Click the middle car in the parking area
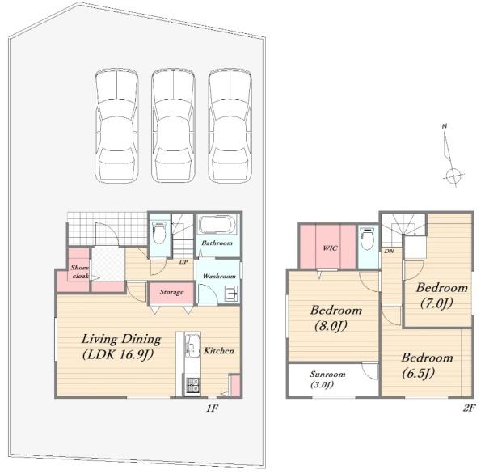[173, 125]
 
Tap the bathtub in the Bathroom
[217, 224]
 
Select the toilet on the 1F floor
[159, 232]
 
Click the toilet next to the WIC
[368, 239]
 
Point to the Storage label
[171, 292]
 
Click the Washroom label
[219, 276]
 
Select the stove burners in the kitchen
[192, 385]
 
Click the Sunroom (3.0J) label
[327, 379]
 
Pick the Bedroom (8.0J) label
[336, 318]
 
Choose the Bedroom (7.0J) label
[441, 295]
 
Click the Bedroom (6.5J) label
[427, 366]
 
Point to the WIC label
[331, 248]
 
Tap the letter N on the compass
[445, 126]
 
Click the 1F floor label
[212, 408]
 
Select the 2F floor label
[469, 408]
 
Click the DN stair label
[389, 251]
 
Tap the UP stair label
[183, 262]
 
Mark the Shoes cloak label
[79, 272]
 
